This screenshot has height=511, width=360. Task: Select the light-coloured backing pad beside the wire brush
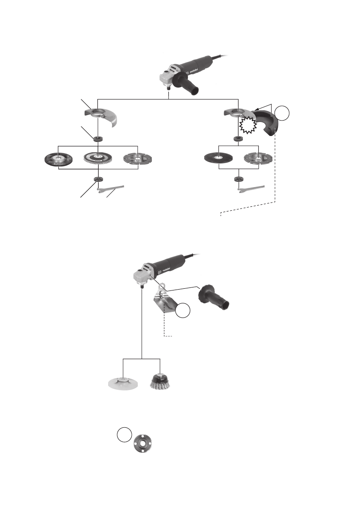click(x=123, y=381)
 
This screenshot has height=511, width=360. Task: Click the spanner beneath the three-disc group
click(x=110, y=188)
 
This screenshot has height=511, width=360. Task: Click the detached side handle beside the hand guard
click(x=213, y=299)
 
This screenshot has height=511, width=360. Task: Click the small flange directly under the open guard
click(x=98, y=139)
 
